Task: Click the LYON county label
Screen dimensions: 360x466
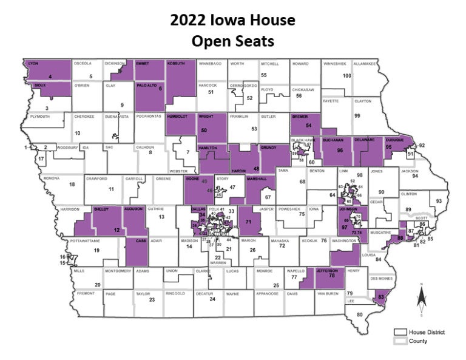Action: (34, 63)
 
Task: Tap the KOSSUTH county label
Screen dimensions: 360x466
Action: (178, 63)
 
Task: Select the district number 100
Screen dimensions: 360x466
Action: (347, 76)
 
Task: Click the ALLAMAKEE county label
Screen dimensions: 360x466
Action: (365, 63)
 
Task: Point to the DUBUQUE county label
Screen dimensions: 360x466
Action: (395, 140)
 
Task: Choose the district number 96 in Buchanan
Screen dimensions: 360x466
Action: (340, 150)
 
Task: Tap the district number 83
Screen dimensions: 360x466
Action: (381, 297)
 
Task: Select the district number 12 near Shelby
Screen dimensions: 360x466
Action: (116, 231)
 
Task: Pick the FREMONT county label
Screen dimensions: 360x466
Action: (86, 293)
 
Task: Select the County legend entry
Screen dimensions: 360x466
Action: (413, 341)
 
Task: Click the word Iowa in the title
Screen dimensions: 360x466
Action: (229, 21)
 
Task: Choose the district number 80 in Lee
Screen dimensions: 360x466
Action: (360, 314)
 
